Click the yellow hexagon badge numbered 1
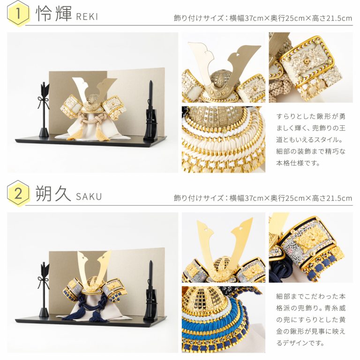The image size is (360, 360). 18,14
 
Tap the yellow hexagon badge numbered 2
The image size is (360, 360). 18,193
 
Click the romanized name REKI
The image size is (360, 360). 87,17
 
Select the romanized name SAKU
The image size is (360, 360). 89,197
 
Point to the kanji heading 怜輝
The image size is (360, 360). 54,14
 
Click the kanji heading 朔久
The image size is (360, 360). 53,193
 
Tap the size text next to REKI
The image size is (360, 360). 263,18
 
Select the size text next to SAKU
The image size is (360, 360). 263,198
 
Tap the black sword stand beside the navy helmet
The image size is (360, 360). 150,291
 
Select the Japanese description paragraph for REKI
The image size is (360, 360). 311,140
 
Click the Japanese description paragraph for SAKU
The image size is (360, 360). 311,320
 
